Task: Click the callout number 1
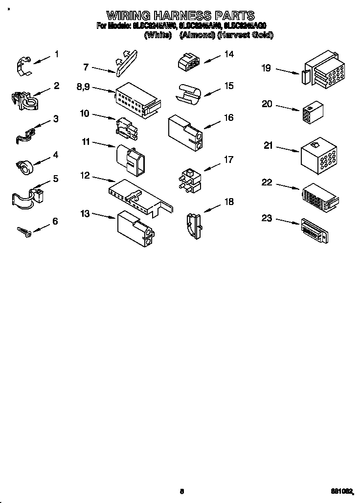pos(56,54)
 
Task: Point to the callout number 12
pos(85,175)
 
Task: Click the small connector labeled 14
pos(188,62)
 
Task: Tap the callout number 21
pos(268,145)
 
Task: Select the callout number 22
pos(267,183)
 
